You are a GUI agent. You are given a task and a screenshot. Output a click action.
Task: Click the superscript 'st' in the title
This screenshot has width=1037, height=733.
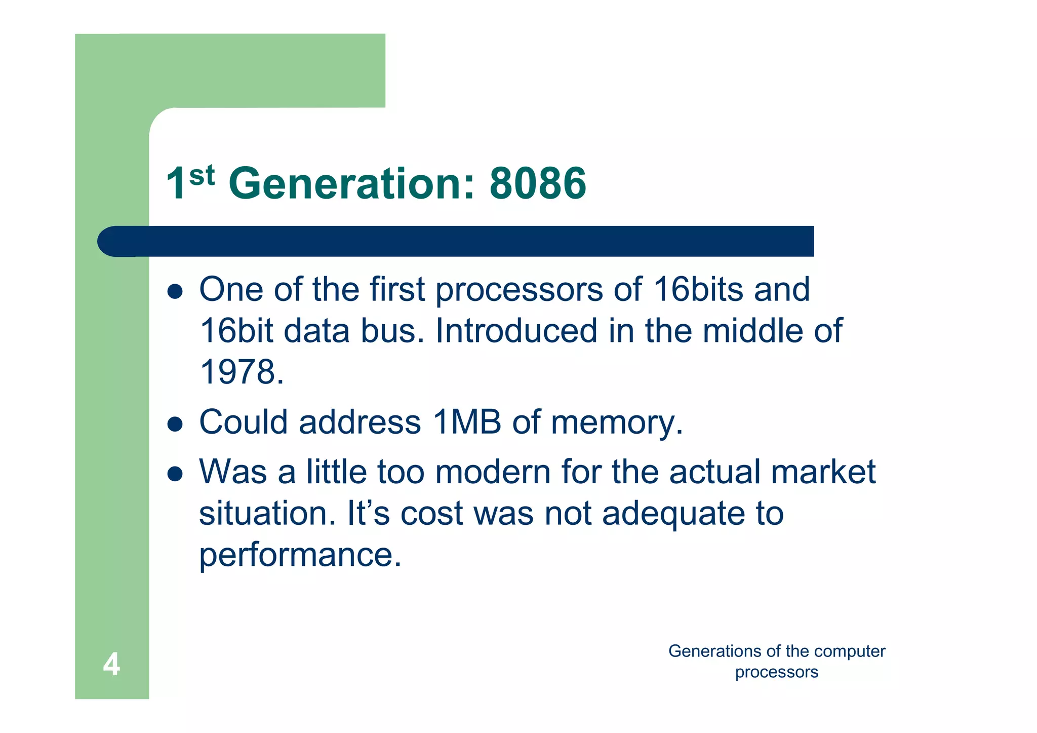click(202, 175)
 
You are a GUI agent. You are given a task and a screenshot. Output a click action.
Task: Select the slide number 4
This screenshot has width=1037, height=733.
click(111, 664)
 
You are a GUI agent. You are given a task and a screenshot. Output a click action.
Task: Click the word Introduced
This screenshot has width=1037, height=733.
click(516, 331)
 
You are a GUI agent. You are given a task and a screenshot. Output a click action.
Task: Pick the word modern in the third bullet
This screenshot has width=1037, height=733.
click(492, 472)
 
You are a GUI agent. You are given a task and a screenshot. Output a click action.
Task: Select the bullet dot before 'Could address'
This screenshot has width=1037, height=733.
click(175, 424)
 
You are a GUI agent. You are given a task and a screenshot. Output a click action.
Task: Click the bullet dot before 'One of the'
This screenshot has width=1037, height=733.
click(175, 291)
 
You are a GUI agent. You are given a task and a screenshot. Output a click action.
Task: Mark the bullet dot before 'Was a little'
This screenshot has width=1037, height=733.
click(175, 474)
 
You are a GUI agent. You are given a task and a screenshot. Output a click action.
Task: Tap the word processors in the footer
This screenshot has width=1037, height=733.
click(776, 672)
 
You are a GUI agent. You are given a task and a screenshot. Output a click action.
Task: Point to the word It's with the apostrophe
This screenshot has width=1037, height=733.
click(368, 513)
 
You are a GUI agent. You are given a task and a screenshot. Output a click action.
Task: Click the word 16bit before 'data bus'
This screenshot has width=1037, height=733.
click(236, 331)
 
